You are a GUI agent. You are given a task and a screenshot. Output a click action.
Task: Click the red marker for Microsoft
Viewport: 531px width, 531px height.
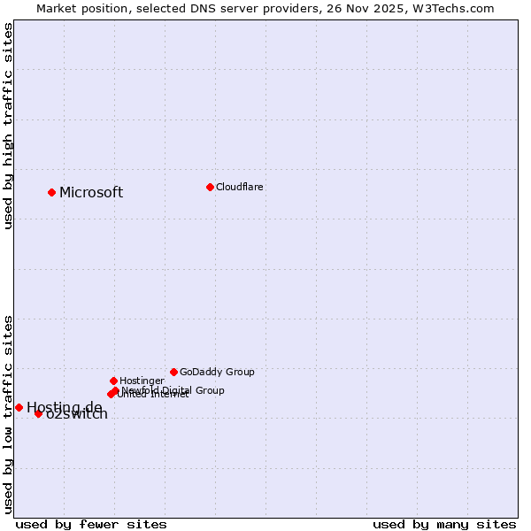[x=52, y=192]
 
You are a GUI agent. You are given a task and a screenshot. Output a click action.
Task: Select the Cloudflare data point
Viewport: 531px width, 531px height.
[x=210, y=187]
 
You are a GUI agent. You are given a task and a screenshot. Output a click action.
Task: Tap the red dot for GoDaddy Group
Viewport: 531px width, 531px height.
[x=173, y=372]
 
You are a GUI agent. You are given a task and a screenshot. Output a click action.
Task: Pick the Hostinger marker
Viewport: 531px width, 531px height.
[x=114, y=381]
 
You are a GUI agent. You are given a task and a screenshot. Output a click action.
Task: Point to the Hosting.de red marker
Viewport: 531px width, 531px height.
[x=19, y=407]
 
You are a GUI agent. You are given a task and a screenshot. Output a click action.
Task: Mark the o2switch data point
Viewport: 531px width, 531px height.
[x=38, y=413]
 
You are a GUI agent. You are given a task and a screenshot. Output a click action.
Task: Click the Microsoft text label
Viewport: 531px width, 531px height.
[x=91, y=193]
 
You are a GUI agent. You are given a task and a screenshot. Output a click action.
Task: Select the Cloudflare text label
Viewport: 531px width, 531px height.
[x=239, y=188]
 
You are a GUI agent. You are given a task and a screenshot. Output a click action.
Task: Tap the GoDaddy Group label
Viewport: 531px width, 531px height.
[x=217, y=373]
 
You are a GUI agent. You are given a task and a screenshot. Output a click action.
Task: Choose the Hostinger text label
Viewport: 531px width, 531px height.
[x=142, y=381]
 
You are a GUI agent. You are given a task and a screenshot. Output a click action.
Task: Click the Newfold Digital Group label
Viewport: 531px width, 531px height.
[x=173, y=390]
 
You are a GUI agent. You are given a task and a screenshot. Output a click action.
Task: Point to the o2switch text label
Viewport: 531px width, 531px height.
[x=77, y=415]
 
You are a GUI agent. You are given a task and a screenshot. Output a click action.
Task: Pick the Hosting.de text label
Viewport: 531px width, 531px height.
[x=64, y=407]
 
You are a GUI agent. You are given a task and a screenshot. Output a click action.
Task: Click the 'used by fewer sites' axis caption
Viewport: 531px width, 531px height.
[x=91, y=524]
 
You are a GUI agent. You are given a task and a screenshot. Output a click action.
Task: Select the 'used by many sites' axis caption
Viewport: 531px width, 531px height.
[x=444, y=524]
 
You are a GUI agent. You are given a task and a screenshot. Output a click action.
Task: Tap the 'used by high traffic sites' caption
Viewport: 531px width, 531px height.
[x=8, y=126]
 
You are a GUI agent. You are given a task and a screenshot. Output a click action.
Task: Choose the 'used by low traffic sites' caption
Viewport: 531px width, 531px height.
[x=8, y=413]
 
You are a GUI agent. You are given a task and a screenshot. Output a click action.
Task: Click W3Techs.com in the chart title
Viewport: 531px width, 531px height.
[x=450, y=9]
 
